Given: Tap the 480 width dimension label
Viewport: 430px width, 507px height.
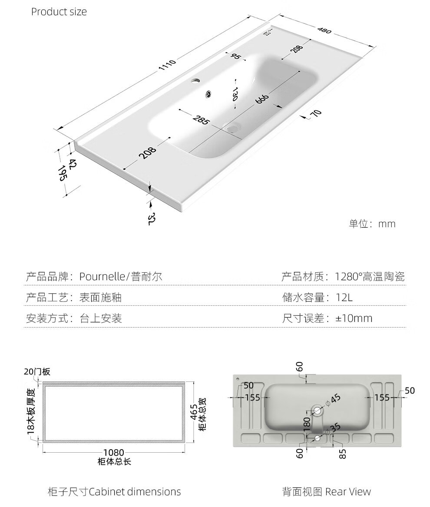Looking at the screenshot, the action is pos(324,30).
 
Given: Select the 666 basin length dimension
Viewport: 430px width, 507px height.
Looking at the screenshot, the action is pos(262,99).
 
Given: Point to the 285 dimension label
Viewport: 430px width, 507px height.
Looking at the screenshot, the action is pos(201,119).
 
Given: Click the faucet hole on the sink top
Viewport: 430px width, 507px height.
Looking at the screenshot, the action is pos(195,80).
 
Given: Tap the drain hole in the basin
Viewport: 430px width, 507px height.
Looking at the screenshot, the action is pos(232,128).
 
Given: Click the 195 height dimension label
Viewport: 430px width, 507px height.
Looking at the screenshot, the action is pos(63,173).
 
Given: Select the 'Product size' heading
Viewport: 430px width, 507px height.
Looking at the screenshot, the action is pos(59,12).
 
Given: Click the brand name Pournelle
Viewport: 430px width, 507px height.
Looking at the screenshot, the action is pos(102,276).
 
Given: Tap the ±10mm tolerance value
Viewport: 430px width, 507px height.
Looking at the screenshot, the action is pos(354,318).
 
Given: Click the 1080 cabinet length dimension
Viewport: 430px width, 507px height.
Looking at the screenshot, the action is pos(114,452).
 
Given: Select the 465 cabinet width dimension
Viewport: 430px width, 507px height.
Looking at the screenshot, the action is pos(194,412).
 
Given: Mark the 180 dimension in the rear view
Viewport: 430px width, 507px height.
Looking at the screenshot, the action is pos(307,424).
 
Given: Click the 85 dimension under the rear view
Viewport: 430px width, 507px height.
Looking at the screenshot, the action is pos(343,454).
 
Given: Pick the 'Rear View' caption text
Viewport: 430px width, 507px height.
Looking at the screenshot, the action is pos(348,492).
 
